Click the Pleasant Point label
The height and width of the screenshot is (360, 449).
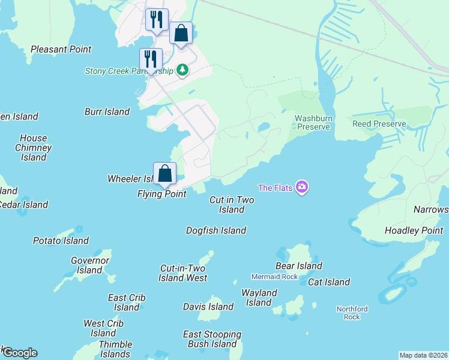click(x=61, y=49)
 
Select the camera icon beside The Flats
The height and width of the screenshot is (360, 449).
click(x=302, y=188)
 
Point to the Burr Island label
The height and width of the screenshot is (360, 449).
click(x=107, y=112)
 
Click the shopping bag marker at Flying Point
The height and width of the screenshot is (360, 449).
click(x=164, y=174)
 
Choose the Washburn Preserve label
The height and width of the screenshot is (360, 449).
click(x=313, y=122)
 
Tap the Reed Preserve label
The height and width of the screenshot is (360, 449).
click(x=379, y=124)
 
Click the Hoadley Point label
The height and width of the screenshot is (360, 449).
click(x=414, y=230)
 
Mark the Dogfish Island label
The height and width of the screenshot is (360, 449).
click(x=216, y=230)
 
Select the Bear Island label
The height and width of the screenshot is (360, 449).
click(x=299, y=266)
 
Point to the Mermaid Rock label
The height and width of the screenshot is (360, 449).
click(x=274, y=277)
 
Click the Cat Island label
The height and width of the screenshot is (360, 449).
click(x=329, y=282)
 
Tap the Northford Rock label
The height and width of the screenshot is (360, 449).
click(x=352, y=313)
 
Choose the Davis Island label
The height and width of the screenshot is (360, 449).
click(x=208, y=307)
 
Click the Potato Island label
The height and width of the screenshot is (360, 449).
click(x=61, y=241)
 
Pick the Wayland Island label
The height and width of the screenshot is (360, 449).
click(x=259, y=298)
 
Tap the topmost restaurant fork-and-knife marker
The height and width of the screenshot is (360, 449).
click(x=157, y=19)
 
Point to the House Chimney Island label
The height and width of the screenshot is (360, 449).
click(x=33, y=148)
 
